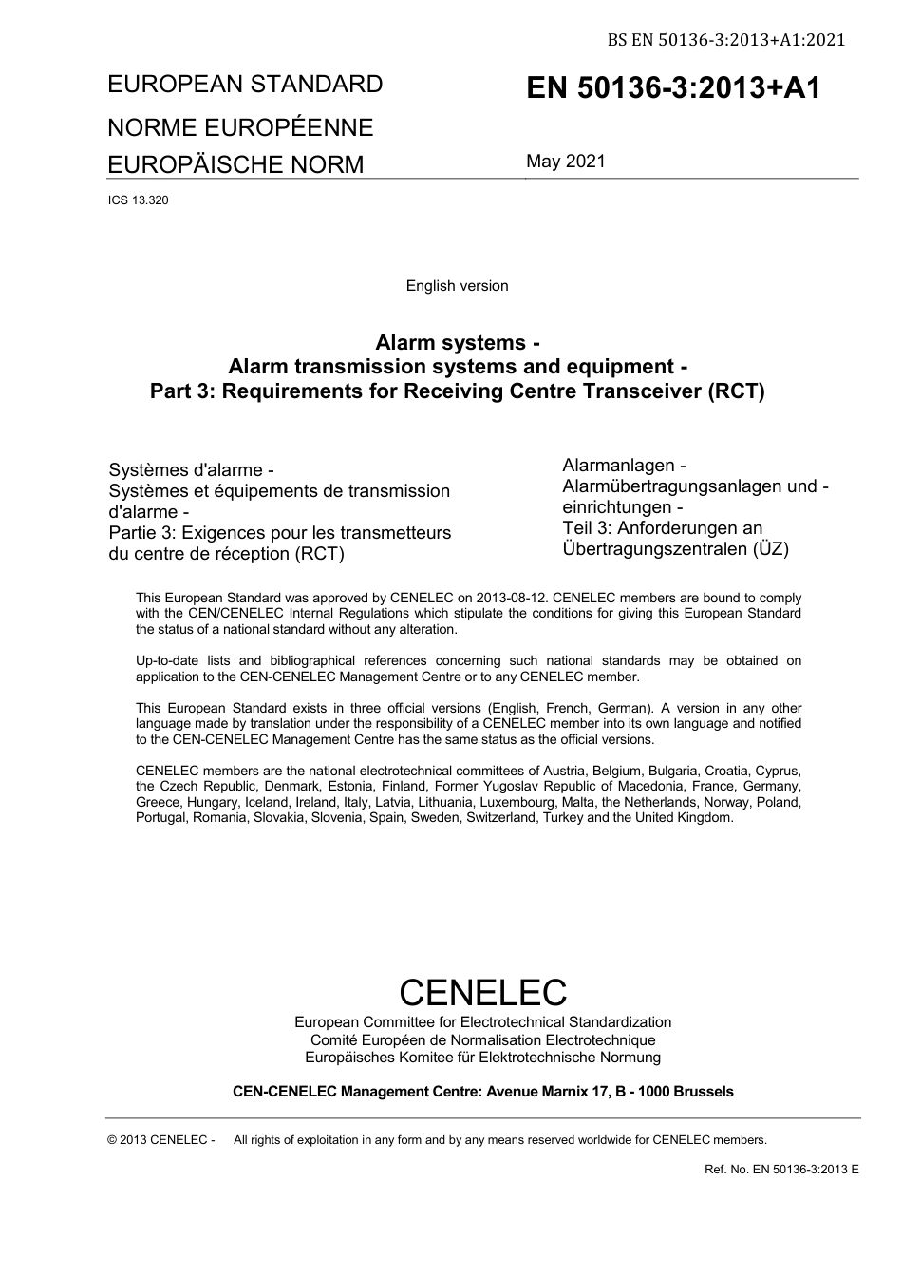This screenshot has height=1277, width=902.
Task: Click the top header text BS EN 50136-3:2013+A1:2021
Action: (x=726, y=40)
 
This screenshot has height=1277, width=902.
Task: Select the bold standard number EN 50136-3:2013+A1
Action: (x=673, y=88)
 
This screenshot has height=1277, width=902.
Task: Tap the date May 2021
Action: (x=566, y=162)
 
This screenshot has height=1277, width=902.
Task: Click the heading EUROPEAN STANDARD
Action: (x=245, y=85)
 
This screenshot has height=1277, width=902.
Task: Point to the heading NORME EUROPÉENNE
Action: (x=240, y=127)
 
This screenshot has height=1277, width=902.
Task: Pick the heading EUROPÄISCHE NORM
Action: (x=235, y=164)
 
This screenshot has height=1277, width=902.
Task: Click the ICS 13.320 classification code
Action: (x=139, y=200)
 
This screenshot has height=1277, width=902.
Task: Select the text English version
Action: (x=457, y=286)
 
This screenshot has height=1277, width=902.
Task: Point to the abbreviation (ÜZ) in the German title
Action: (x=771, y=549)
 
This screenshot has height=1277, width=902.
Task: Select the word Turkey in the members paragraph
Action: (x=562, y=817)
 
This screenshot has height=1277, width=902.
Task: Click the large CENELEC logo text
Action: (x=482, y=992)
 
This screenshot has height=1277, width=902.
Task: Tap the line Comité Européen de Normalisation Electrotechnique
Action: (x=482, y=1040)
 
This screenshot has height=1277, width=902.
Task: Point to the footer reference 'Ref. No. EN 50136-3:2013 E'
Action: (x=781, y=1169)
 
